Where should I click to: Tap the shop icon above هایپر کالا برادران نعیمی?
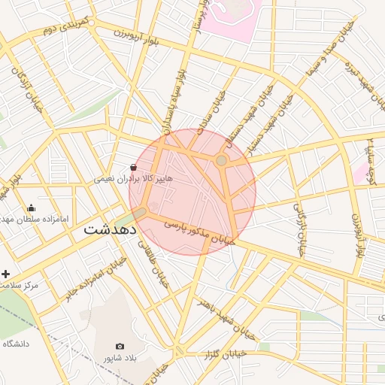(133, 167)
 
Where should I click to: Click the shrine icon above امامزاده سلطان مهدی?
(31, 208)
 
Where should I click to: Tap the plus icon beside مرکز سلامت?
(7, 274)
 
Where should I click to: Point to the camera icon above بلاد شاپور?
(120, 346)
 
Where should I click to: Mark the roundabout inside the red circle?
(221, 161)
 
